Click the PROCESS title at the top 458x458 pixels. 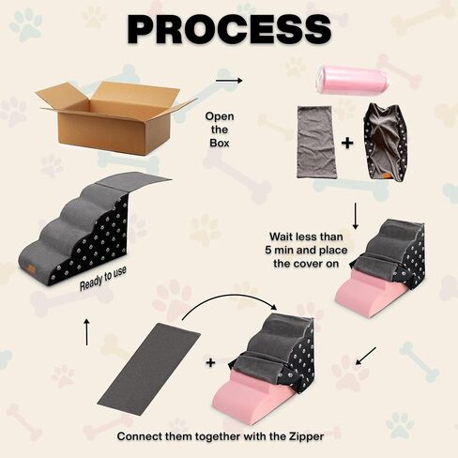[x=229, y=29]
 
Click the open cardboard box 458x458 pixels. [x=115, y=117]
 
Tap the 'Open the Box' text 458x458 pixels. [x=220, y=130]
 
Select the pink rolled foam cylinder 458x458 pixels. [x=353, y=81]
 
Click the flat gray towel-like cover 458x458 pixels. [x=315, y=143]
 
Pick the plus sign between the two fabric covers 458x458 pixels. [x=347, y=143]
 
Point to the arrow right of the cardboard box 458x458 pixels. [x=229, y=81]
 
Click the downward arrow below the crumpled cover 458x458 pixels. [x=356, y=216]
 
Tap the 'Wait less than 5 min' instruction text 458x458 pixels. [x=306, y=250]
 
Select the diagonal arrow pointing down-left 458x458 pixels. [x=366, y=356]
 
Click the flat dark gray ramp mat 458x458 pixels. [x=149, y=369]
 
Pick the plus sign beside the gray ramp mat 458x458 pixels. [x=211, y=362]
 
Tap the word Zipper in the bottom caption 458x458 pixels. [x=306, y=436]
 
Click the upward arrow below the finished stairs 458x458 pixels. [x=86, y=331]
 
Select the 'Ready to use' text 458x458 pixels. [x=103, y=278]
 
